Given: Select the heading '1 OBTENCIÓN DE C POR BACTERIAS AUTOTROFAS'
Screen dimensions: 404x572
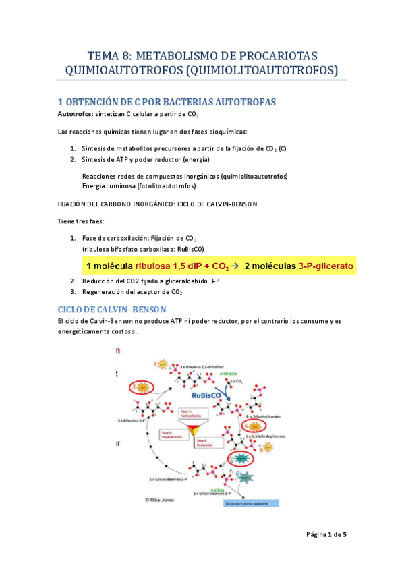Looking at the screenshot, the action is tap(167, 102).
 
